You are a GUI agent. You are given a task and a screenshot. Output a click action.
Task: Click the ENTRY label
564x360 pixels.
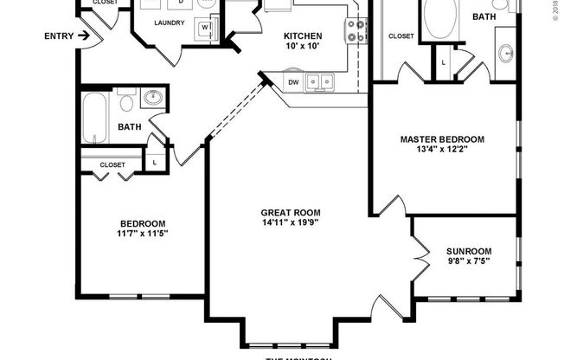click(x=58, y=35)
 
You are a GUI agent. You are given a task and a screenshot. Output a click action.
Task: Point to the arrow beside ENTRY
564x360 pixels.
click(x=83, y=35)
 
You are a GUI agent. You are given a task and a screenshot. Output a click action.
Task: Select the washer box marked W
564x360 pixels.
click(x=206, y=28)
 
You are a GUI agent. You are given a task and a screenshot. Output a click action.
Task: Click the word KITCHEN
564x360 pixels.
click(x=304, y=35)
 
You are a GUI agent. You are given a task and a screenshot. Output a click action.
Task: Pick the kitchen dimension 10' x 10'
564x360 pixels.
click(x=304, y=47)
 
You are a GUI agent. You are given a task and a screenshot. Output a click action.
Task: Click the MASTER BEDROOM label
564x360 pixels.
click(x=441, y=138)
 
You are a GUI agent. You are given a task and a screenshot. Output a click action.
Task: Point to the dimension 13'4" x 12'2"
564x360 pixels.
click(x=441, y=150)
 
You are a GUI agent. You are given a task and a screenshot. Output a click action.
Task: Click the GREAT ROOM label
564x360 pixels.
click(x=291, y=212)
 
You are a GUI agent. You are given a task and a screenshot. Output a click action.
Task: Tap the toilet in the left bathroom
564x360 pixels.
click(x=127, y=104)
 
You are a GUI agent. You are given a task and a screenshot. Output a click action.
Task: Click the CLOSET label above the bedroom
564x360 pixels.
click(x=112, y=164)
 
